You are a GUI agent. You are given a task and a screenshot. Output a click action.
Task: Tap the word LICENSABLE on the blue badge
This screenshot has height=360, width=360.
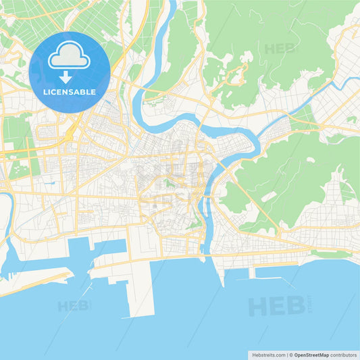[70, 91]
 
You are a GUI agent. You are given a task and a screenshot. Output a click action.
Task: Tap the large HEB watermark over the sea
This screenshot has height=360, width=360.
[274, 306]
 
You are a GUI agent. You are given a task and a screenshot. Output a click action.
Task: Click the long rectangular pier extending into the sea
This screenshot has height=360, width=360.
[142, 287]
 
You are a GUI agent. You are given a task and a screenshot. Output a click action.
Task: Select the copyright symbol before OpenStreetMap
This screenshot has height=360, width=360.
[291, 355]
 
